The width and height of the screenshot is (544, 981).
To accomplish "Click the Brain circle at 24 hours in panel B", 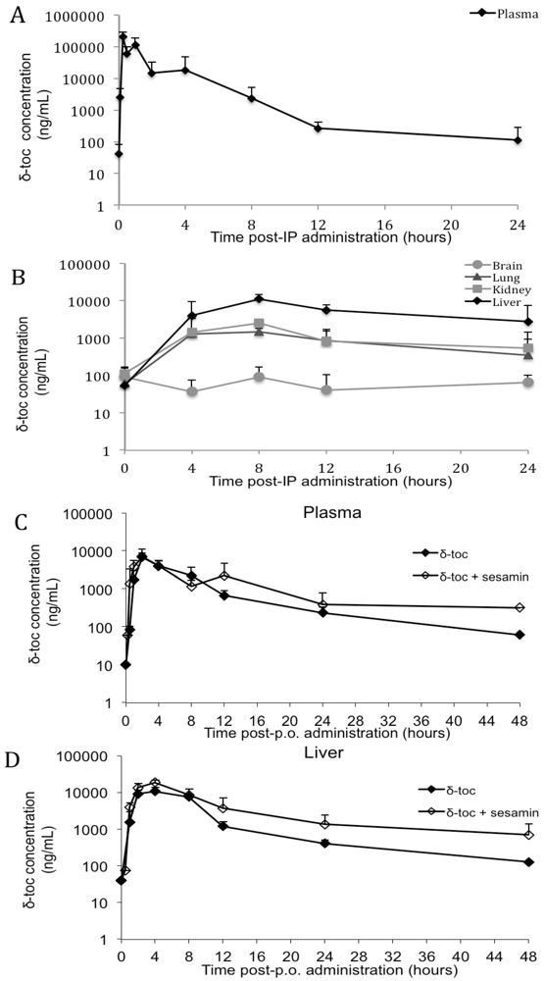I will coord(528,382).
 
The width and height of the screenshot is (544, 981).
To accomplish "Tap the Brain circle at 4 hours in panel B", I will coord(192,391).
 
